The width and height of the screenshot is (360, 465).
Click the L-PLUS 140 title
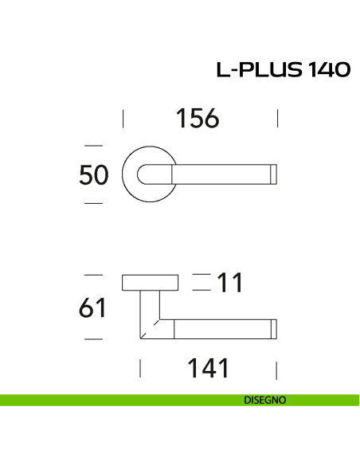pyautogui.click(x=283, y=70)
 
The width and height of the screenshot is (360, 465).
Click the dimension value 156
pyautogui.click(x=197, y=119)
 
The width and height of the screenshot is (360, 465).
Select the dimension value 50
pyautogui.click(x=94, y=174)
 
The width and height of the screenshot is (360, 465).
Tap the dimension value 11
pyautogui.click(x=229, y=283)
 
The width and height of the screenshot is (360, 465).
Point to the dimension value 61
pyautogui.click(x=93, y=307)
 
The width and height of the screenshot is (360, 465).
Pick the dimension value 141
pyautogui.click(x=208, y=369)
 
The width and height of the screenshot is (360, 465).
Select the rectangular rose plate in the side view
pyautogui.click(x=151, y=283)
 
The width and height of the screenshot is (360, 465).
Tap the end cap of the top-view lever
pyautogui.click(x=276, y=174)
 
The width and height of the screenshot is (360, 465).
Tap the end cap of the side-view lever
pyautogui.click(x=276, y=329)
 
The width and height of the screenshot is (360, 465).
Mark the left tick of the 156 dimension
pyautogui.click(x=123, y=119)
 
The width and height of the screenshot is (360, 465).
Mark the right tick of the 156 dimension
pyautogui.click(x=277, y=119)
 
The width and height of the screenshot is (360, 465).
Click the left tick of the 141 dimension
pyautogui.click(x=140, y=369)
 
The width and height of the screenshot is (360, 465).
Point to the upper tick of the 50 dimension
pyautogui.click(x=94, y=146)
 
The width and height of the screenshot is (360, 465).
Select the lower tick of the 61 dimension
pyautogui.click(x=94, y=338)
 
